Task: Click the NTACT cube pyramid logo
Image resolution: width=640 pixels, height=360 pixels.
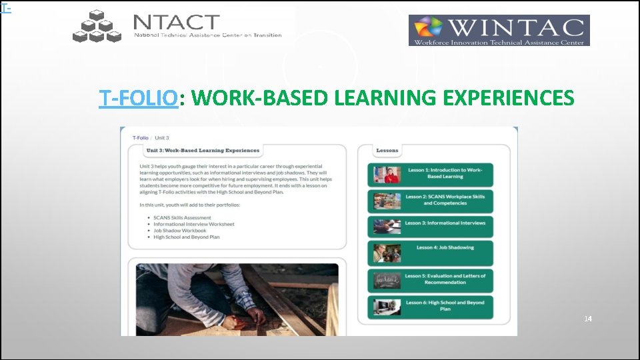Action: click(97, 27)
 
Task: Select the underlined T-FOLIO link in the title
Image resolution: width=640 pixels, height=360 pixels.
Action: click(139, 99)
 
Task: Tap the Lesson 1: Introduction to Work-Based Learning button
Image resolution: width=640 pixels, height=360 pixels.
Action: click(430, 174)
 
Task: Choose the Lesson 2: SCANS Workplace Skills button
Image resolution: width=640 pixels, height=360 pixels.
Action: click(430, 200)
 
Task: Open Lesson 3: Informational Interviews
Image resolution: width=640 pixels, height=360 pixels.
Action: click(430, 223)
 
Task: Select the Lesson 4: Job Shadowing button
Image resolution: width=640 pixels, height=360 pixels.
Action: click(430, 248)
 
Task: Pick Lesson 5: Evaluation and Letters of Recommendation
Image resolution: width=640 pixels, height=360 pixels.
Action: click(430, 279)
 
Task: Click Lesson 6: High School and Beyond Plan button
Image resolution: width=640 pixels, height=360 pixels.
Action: click(430, 306)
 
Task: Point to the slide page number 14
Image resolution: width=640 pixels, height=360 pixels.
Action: click(587, 319)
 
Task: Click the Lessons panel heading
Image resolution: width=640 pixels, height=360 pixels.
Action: click(387, 151)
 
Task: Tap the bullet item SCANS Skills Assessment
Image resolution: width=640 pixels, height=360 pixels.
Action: click(182, 218)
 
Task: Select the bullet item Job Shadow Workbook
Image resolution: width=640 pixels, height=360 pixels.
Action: click(179, 231)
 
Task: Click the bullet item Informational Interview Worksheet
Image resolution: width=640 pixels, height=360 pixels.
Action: click(193, 225)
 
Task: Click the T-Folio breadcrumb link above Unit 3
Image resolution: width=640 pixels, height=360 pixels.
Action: click(140, 138)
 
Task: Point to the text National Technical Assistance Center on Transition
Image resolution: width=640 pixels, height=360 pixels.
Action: click(208, 35)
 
